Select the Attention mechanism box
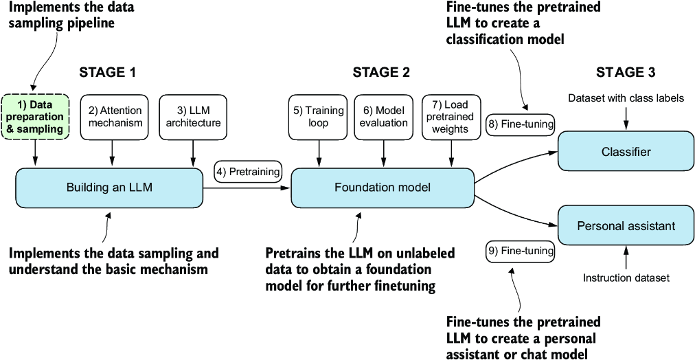(115, 117)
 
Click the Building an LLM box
(110, 188)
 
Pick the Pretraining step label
(249, 171)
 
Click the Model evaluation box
(382, 117)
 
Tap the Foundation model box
(383, 188)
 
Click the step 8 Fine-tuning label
(521, 124)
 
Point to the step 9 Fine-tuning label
(520, 251)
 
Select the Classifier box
(626, 151)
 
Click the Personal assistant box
(626, 225)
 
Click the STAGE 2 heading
(381, 72)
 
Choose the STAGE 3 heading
(626, 72)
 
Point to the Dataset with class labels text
(626, 98)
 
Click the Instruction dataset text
(626, 278)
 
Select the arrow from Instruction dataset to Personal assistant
(626, 258)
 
